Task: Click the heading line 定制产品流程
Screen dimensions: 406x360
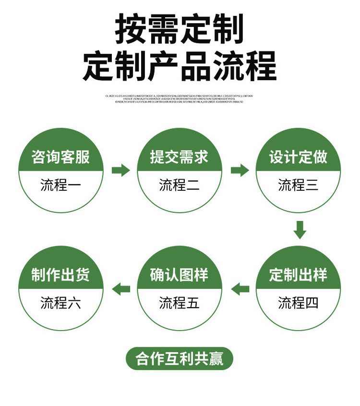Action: click(180, 67)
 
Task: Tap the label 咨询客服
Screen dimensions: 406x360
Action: click(60, 157)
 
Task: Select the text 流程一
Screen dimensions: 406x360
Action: click(60, 185)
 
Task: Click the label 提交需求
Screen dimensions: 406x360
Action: click(179, 157)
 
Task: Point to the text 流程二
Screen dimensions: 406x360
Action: click(179, 185)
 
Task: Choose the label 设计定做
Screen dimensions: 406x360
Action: click(298, 157)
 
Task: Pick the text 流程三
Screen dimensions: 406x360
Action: click(298, 185)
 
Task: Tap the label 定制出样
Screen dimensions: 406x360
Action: click(298, 275)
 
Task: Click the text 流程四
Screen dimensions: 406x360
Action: click(298, 303)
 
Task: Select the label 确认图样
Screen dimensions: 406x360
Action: click(179, 275)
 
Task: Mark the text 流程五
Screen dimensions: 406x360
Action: click(179, 303)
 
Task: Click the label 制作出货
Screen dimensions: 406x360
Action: click(60, 275)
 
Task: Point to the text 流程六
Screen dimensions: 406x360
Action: click(60, 303)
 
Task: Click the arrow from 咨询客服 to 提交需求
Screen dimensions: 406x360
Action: click(120, 170)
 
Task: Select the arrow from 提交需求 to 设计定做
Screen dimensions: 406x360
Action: click(240, 170)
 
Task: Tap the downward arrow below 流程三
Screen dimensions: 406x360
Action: click(300, 230)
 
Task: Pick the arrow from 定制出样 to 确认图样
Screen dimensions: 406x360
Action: click(240, 289)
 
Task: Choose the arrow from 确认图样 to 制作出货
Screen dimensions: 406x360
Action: click(121, 289)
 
